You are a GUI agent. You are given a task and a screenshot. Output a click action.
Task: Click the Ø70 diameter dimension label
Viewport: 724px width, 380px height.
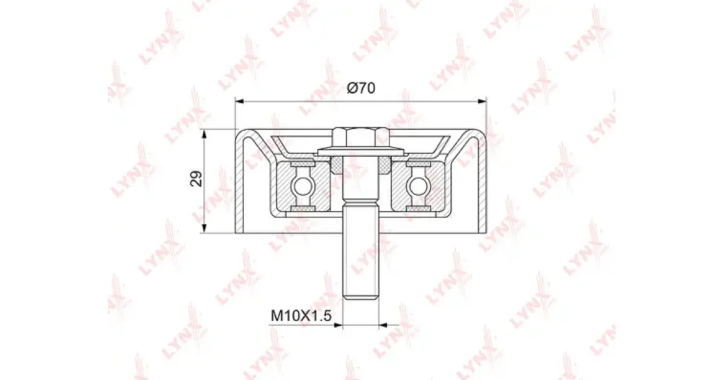(x=361, y=88)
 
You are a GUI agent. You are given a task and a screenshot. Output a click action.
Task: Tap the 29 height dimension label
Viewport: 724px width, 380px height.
(x=196, y=179)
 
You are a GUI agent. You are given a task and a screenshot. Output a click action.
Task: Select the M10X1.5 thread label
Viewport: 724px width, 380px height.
(x=301, y=315)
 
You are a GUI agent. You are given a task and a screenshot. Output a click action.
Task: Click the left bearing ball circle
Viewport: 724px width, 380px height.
(x=302, y=186)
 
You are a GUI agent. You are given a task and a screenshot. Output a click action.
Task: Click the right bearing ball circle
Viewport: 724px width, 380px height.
(x=419, y=186)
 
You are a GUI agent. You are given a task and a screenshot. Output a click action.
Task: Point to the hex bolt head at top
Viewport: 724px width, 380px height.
(x=361, y=138)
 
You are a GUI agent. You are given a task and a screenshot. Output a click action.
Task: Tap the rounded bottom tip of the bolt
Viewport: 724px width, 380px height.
(x=361, y=298)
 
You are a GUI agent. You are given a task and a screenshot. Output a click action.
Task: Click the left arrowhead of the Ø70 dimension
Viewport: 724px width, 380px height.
(x=240, y=101)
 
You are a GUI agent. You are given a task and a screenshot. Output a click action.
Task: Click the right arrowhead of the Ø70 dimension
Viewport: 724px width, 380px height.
(x=482, y=101)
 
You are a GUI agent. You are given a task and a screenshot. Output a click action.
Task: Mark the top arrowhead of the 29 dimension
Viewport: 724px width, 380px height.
(x=204, y=134)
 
